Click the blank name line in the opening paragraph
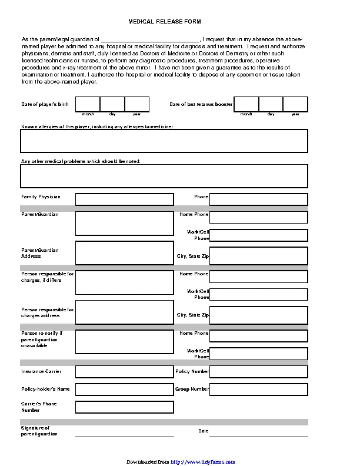151,38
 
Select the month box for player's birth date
87,104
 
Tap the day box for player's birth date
112,104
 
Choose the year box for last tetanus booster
295,104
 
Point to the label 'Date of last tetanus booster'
201,104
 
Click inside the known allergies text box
164,141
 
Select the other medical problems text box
164,176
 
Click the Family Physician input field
124,199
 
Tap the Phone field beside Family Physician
258,199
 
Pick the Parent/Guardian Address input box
124,253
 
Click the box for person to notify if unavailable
124,341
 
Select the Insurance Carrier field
124,372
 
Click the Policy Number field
258,372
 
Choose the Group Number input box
258,390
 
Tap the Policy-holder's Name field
124,390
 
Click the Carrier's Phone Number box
124,407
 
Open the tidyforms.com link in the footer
203,461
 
